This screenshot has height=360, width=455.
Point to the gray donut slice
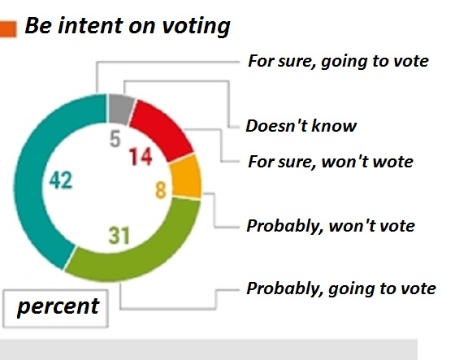pos(119,108)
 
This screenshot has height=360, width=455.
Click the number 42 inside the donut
pos(61,180)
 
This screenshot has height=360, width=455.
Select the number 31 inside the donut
pos(119,236)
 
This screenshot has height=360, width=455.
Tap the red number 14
pos(141,157)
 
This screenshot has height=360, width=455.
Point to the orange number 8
pos(161,190)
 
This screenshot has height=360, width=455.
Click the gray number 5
pos(115,139)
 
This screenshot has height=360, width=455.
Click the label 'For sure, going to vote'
pos(338,62)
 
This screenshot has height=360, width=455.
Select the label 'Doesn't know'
pos(301,126)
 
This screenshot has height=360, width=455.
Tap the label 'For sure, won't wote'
pos(331,162)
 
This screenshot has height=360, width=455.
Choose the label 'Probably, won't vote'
pos(331,226)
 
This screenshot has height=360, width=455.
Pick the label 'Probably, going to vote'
pos(341,289)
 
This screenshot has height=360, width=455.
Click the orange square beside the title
pos(8,29)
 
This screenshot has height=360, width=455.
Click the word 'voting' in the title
pos(196,27)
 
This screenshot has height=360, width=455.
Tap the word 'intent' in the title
pos(90,25)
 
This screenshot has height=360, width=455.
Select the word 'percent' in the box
pos(58,307)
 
